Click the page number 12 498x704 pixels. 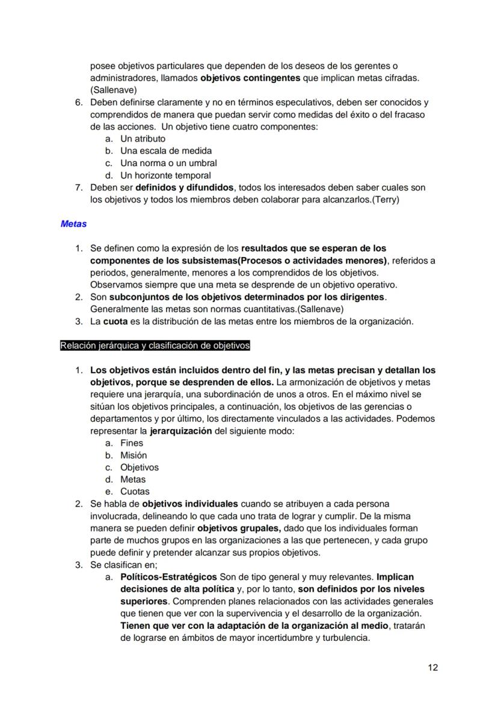point(433,667)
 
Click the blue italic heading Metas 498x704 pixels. point(73,224)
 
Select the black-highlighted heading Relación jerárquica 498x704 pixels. point(155,345)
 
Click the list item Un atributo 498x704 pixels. point(143,138)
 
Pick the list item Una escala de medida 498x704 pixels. point(165,150)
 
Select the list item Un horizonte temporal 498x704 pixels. point(165,175)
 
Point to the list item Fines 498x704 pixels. point(131,443)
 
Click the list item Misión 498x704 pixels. point(133,455)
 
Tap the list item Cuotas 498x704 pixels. point(135,492)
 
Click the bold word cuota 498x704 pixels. point(115,321)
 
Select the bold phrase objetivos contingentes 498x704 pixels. point(250,78)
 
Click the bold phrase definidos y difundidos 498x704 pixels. point(184,187)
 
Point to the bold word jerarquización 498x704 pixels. point(180,431)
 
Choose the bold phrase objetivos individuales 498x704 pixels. point(190,504)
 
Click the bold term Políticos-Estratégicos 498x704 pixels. point(170,577)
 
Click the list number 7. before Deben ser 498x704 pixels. point(79,187)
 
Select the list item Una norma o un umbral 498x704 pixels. point(168,163)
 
